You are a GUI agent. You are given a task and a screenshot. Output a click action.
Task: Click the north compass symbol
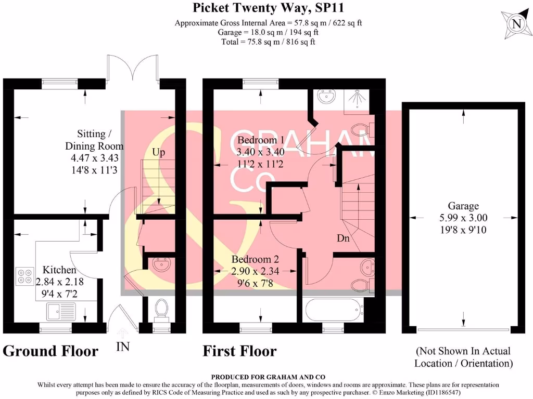click(x=515, y=23)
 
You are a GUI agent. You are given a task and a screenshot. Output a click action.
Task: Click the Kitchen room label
click(x=59, y=270)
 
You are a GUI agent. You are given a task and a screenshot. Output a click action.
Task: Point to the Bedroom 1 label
click(x=261, y=140)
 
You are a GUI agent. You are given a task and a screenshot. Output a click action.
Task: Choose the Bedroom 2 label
click(x=259, y=259)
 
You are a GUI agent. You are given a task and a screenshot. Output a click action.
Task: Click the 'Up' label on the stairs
click(x=159, y=152)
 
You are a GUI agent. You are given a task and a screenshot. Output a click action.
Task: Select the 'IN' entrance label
click(x=123, y=347)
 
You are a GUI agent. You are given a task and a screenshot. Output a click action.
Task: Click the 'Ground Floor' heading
click(x=50, y=351)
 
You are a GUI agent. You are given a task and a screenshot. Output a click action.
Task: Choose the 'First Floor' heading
click(x=240, y=351)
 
